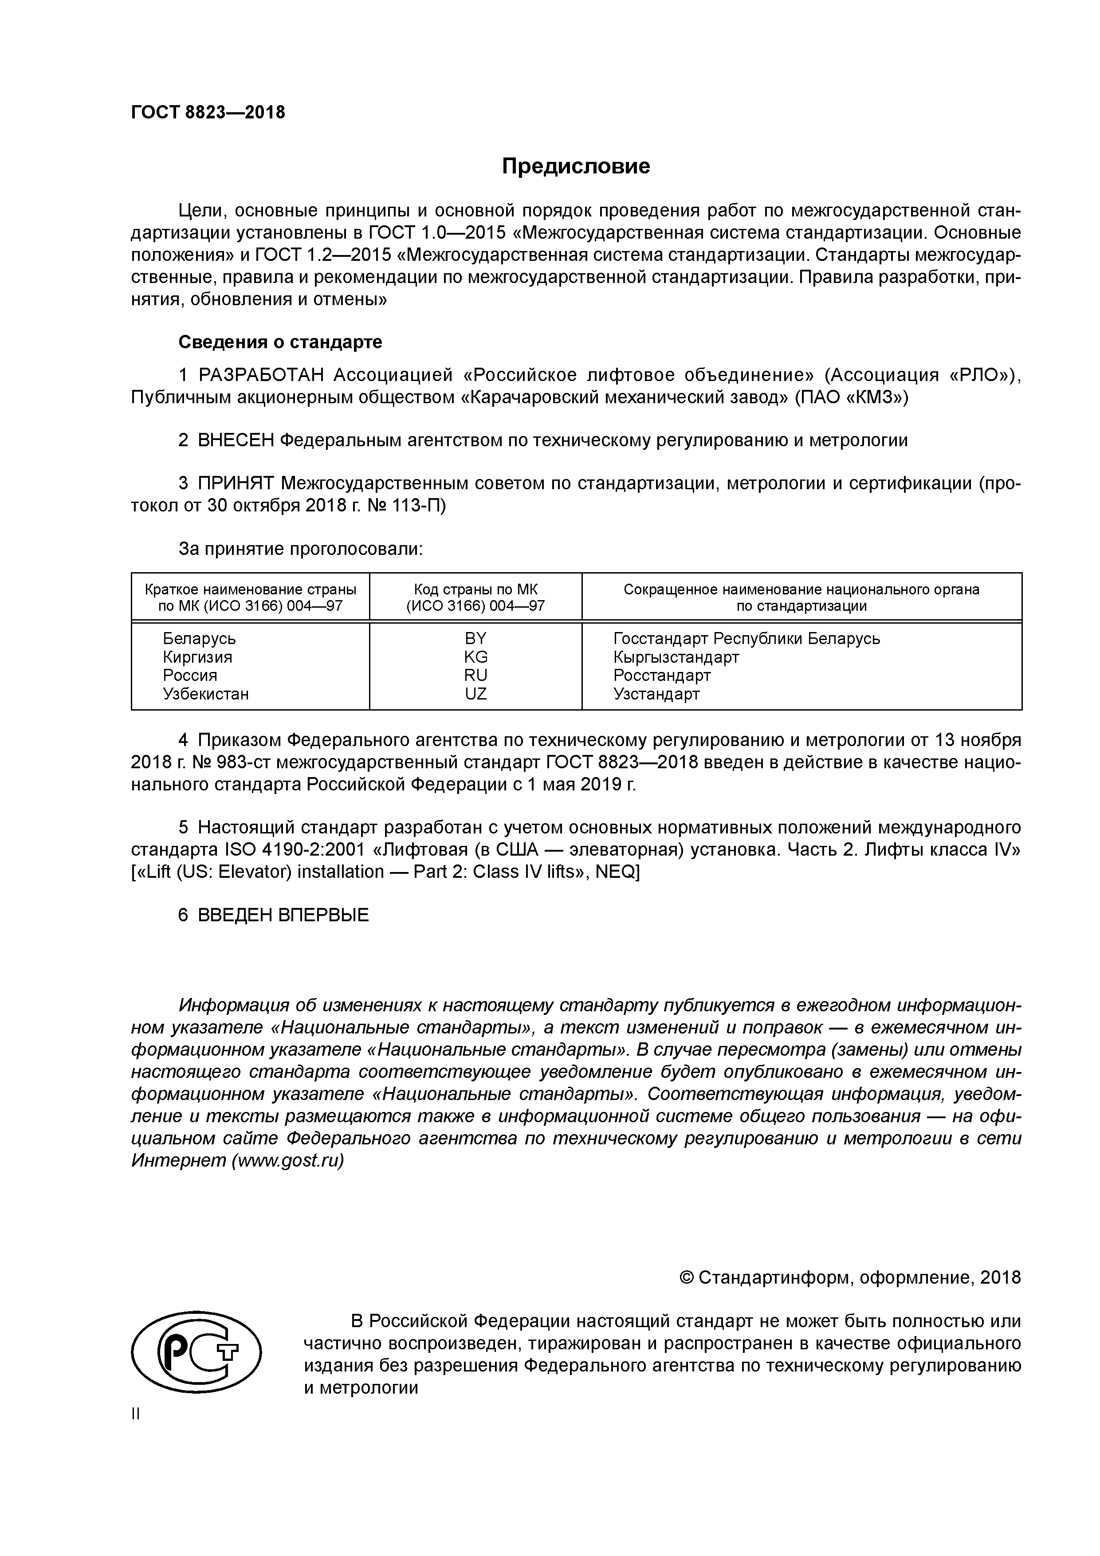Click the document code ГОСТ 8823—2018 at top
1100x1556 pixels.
(x=208, y=113)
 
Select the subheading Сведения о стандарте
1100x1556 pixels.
(x=280, y=342)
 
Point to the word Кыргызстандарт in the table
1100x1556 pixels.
(x=676, y=657)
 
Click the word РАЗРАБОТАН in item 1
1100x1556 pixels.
(x=261, y=375)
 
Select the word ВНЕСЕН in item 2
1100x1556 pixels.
(x=236, y=440)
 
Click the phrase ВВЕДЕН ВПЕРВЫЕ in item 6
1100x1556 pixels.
(x=283, y=915)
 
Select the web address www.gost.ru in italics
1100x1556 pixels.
(x=287, y=1160)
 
